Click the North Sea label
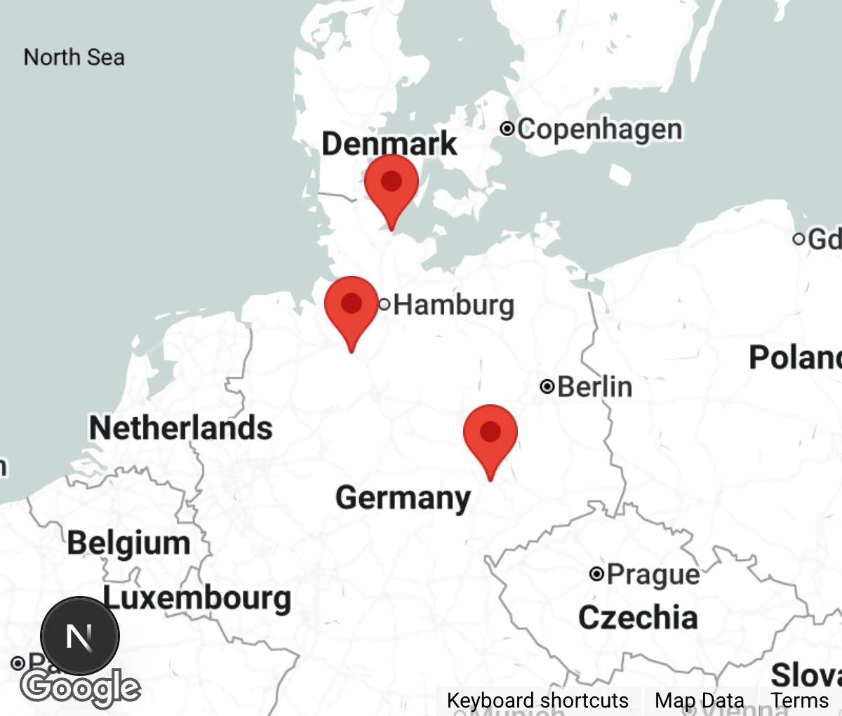74,57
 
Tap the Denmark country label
389,143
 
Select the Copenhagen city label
599,129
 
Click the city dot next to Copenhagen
507,128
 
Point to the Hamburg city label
453,305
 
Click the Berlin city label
594,387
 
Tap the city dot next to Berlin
547,386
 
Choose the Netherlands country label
180,427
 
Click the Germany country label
403,498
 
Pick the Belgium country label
128,543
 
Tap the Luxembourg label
197,598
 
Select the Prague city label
653,574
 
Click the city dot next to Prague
596,574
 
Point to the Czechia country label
638,618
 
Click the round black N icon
79,636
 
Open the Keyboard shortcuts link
537,701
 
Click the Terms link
800,701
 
